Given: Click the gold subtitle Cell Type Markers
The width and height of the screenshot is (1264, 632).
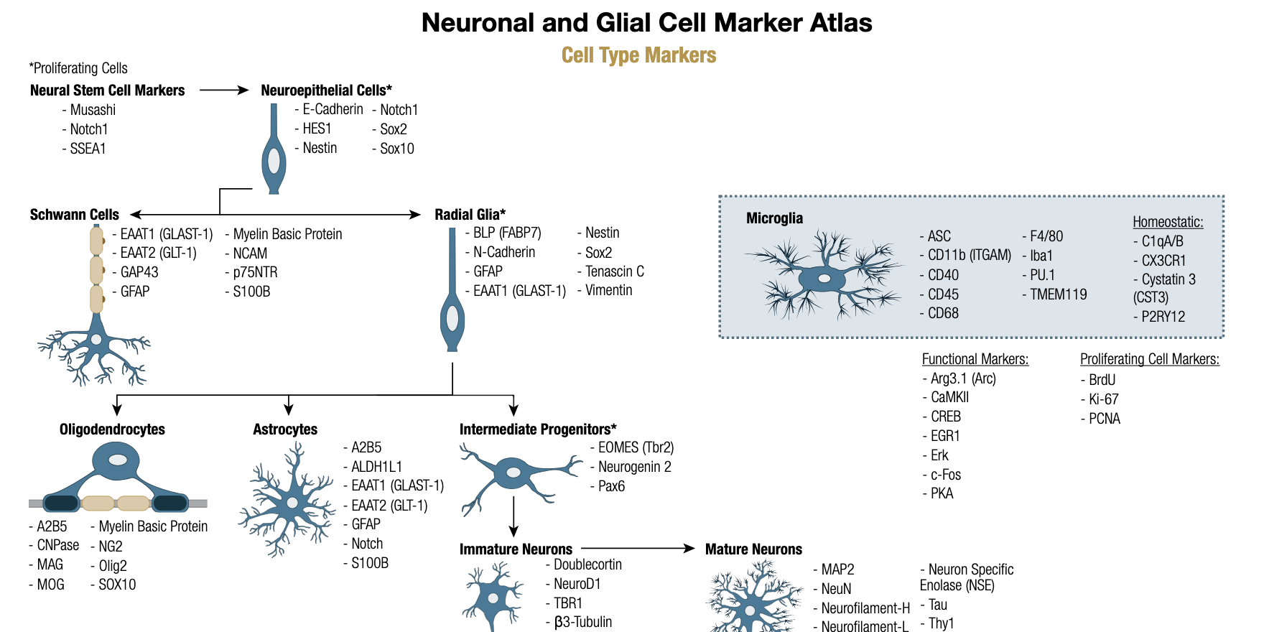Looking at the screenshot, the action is [x=638, y=55].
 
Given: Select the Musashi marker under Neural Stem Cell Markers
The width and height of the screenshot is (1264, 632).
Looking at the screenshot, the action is [x=93, y=110].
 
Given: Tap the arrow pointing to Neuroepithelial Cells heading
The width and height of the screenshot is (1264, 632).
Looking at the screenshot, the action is [x=224, y=90].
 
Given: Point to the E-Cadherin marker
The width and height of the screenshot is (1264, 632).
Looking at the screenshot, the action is [x=333, y=109].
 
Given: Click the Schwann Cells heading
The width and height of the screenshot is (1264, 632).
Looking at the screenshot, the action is [x=75, y=215].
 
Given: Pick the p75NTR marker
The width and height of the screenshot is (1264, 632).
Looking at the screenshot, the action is [x=255, y=272].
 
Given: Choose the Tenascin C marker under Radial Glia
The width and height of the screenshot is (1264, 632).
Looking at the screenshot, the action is [x=615, y=271].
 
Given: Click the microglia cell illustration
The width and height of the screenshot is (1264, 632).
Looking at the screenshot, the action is [x=824, y=276].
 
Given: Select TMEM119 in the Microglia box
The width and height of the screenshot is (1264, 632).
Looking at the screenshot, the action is [x=1059, y=294].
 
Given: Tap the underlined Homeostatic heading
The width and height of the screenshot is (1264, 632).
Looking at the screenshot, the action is [x=1168, y=222].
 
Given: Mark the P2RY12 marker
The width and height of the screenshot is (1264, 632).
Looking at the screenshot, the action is [x=1163, y=317].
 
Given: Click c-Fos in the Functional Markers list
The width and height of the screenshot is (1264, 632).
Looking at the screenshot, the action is [x=946, y=475].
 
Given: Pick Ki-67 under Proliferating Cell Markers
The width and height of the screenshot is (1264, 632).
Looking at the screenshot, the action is [x=1104, y=399].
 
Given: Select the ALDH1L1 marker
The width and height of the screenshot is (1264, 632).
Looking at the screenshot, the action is [x=377, y=467].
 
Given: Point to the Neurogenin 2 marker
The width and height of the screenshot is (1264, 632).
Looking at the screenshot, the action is [x=635, y=467].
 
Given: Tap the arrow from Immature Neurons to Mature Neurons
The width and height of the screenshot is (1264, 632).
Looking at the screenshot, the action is [x=638, y=549].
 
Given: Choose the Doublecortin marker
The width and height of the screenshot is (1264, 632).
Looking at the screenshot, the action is [x=587, y=564].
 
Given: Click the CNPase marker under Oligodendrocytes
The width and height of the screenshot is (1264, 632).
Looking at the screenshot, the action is [x=58, y=545].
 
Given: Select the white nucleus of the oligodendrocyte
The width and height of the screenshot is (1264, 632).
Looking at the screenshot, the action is [x=117, y=460].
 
